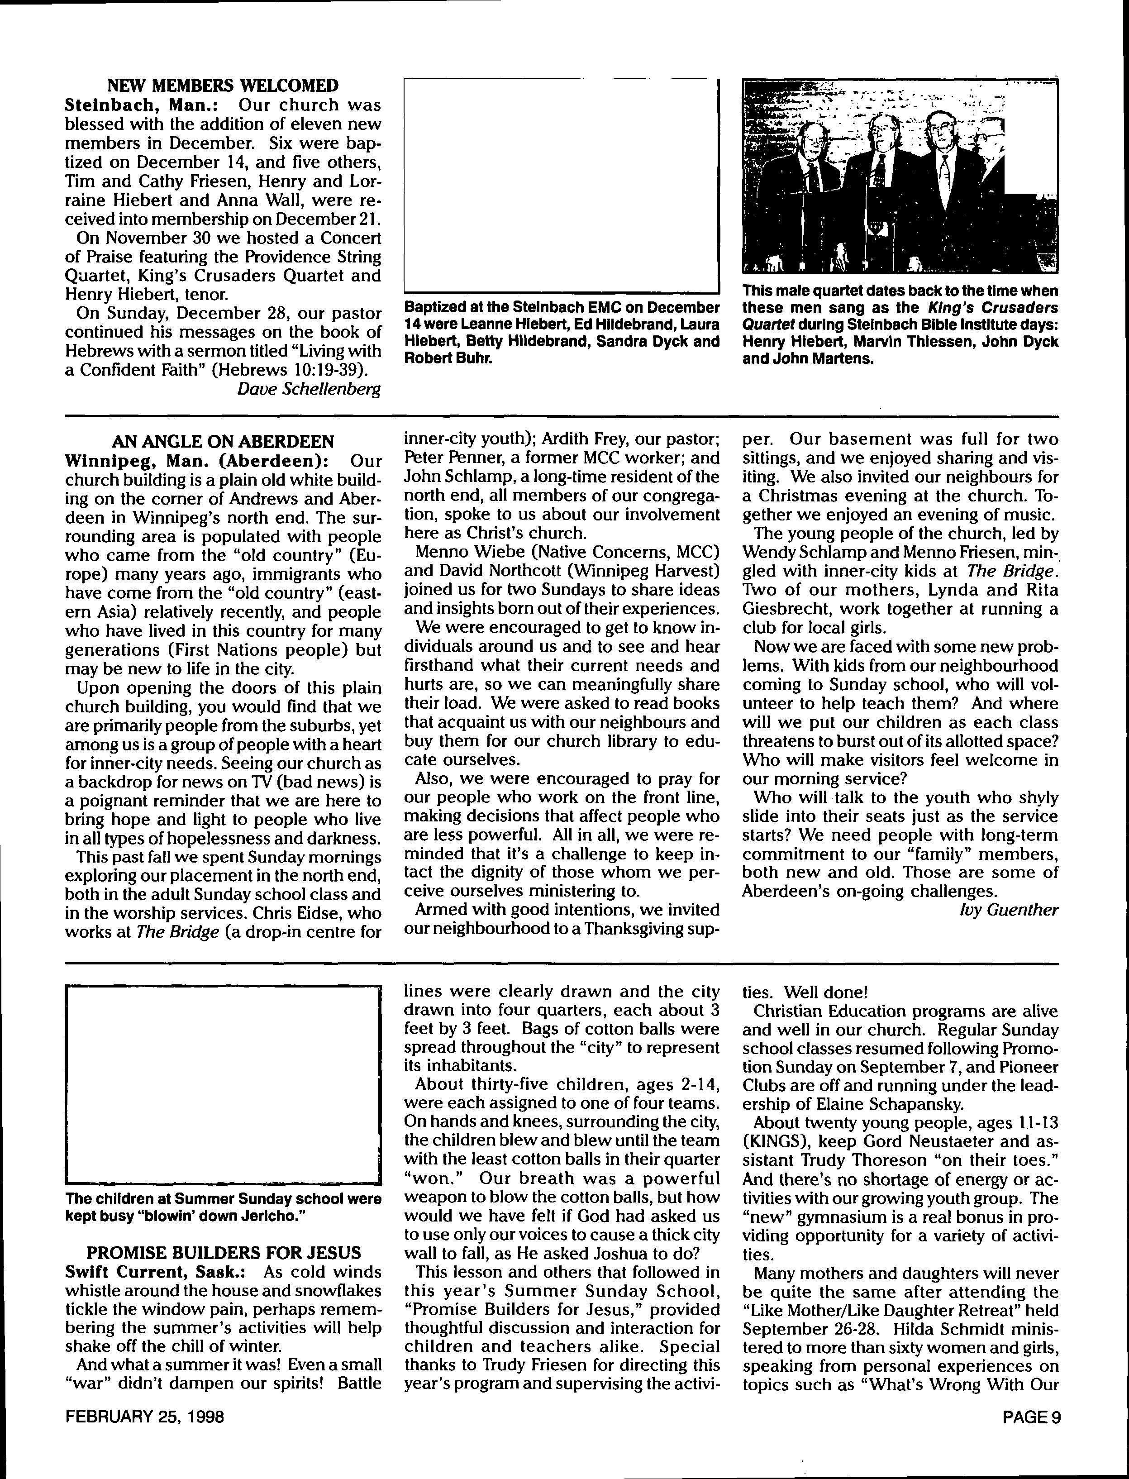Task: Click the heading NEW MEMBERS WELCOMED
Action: coord(223,86)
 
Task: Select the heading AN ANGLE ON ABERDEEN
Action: coord(223,442)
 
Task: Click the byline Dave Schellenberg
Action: coord(309,389)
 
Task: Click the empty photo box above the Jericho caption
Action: coord(223,1084)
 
